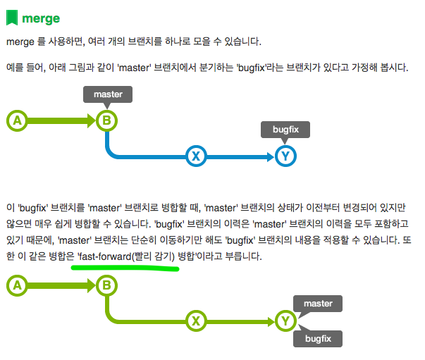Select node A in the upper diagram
pyautogui.click(x=16, y=121)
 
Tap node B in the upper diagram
pyautogui.click(x=106, y=121)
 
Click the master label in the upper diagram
pyautogui.click(x=107, y=94)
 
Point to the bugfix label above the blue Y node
pyautogui.click(x=285, y=130)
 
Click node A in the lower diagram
pyautogui.click(x=16, y=285)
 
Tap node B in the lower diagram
pyautogui.click(x=106, y=285)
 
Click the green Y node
pyautogui.click(x=285, y=321)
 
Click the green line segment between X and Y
pyautogui.click(x=240, y=321)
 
